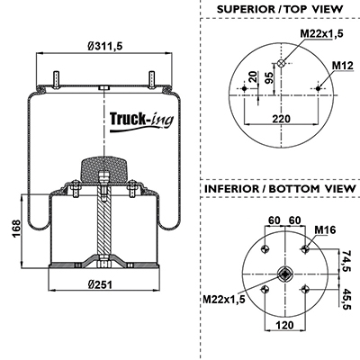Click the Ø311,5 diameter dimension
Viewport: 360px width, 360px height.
[x=105, y=47]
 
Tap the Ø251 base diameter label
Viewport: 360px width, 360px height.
[x=100, y=284]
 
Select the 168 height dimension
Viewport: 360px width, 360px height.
[x=16, y=229]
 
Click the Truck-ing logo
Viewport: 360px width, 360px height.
[x=141, y=121]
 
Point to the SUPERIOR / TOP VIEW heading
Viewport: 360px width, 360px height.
[x=280, y=9]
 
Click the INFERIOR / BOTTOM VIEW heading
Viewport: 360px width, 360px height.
[x=280, y=189]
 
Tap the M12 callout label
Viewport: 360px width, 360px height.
[x=343, y=65]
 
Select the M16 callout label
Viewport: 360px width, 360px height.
[x=325, y=229]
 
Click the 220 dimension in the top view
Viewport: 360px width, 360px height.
[x=282, y=119]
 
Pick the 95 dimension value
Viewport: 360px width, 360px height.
[x=269, y=78]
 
